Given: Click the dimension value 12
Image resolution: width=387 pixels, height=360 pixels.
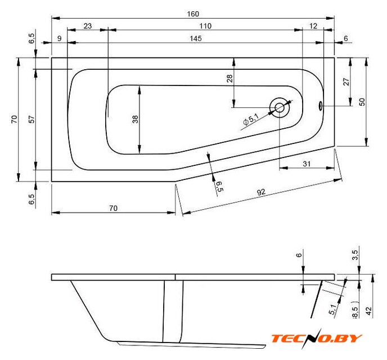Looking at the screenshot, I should [313, 26].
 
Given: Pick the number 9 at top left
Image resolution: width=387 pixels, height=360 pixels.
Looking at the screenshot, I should [59, 38].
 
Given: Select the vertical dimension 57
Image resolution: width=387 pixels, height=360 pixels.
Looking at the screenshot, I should [31, 119].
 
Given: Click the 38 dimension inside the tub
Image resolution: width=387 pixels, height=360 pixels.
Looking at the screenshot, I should [135, 119].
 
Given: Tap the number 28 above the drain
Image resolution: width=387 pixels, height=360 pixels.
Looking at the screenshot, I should [229, 79].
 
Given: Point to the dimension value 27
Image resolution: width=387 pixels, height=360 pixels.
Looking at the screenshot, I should [346, 82].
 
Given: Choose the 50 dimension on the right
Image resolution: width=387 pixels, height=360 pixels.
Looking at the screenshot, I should [363, 101].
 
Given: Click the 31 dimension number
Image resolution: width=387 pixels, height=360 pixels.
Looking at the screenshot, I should [307, 163].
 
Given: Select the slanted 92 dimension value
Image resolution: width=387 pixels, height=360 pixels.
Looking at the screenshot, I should [261, 192].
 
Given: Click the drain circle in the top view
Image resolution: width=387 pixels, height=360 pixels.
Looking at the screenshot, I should [280, 107].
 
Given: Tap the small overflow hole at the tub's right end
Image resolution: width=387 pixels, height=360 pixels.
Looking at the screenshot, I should [322, 105].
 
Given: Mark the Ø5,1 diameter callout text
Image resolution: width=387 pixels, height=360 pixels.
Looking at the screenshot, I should [250, 119].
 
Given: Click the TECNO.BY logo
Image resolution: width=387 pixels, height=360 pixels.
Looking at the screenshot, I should [317, 338].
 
